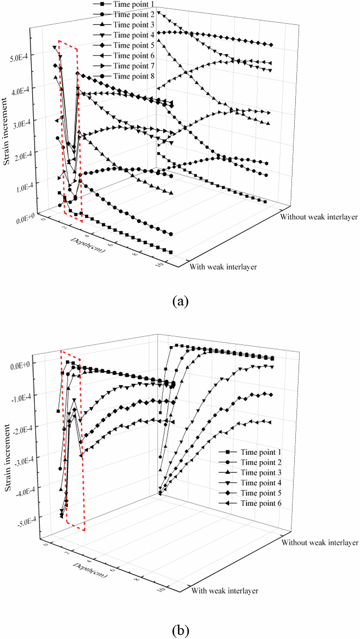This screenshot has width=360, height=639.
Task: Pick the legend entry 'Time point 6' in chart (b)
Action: pos(261,503)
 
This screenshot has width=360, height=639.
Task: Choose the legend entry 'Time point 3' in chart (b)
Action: pos(261,473)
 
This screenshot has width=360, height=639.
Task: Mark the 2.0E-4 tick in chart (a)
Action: pos(23,155)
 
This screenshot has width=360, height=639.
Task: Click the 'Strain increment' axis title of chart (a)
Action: pos(6,131)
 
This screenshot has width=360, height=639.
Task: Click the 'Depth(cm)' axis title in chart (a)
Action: pos(88,245)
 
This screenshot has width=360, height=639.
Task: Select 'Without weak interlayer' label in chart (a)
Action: pos(319,217)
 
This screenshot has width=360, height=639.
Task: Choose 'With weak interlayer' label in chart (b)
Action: pos(224,591)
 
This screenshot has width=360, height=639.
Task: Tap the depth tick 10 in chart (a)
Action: pos(161,264)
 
